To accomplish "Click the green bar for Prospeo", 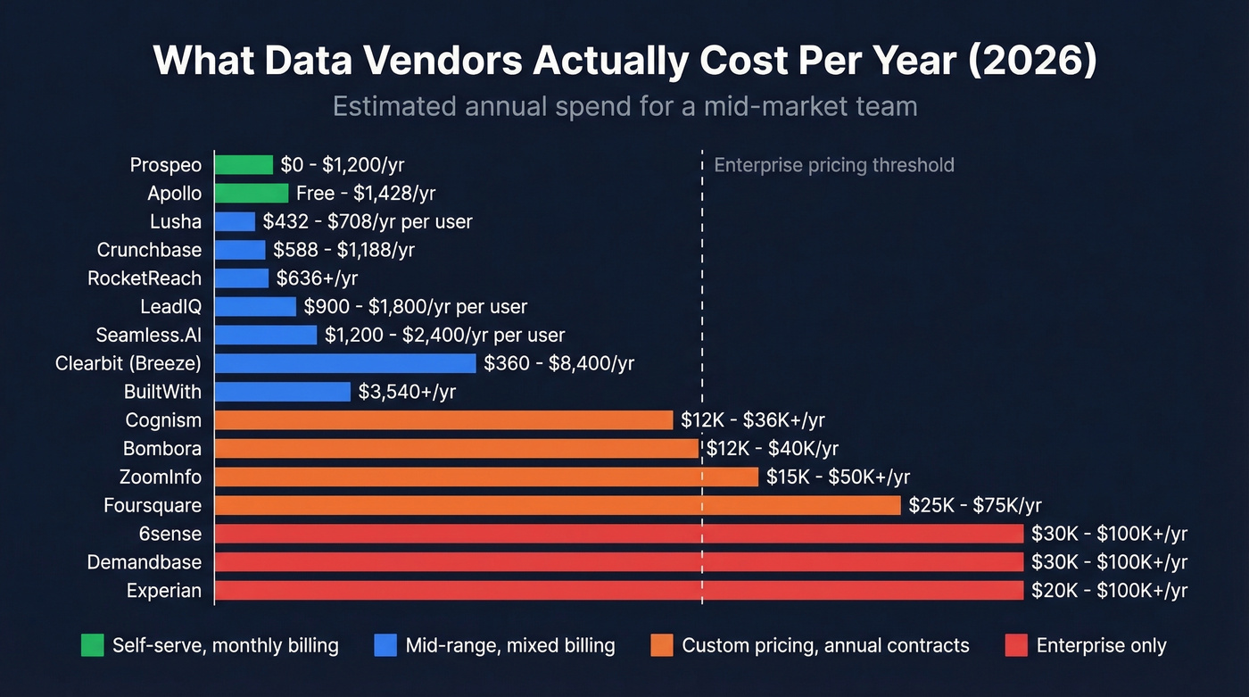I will click(244, 165).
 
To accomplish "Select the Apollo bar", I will click(252, 194).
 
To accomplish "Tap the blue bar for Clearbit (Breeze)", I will click(345, 363).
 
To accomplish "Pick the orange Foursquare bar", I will click(558, 506).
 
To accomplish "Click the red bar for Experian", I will click(619, 591).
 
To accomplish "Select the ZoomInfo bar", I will click(486, 477).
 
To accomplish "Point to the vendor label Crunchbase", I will click(149, 250).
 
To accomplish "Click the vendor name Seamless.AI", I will click(149, 336).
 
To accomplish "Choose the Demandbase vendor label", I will click(145, 562).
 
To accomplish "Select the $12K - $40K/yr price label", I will click(772, 449).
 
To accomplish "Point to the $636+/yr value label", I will click(317, 278).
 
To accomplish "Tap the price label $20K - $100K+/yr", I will click(1109, 591).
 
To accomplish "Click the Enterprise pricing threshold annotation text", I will click(834, 165).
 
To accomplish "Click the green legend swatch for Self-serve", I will click(92, 645).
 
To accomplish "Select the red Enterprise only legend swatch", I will click(1016, 645).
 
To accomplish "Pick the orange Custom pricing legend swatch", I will click(662, 645).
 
